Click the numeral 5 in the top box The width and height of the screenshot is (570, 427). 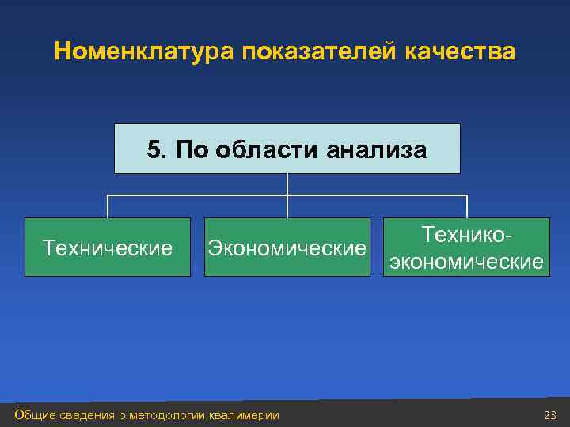pos(154,149)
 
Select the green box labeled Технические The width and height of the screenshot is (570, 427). pos(108,248)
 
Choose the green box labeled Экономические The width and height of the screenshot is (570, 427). pos(287,248)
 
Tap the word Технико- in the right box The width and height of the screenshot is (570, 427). pos(466,235)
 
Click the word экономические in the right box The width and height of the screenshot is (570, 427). pos(466,261)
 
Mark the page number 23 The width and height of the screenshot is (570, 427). pos(550,415)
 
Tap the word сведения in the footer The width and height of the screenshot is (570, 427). pos(86,415)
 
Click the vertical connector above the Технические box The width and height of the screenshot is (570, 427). pos(108,206)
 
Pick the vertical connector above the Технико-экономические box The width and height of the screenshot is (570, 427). pos(467,206)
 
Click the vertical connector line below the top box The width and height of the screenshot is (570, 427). pos(287,184)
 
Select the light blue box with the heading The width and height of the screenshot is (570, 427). pos(287,149)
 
